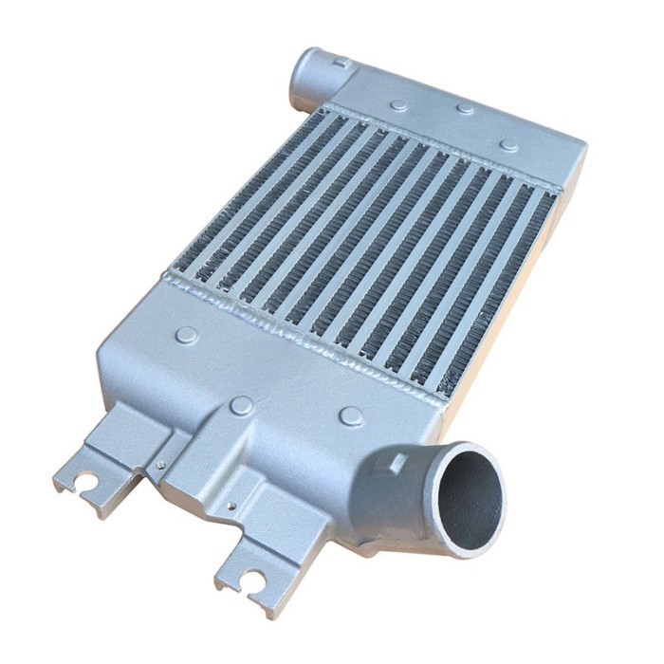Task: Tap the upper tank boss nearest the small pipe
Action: [x=399, y=105]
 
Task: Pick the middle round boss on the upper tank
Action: [x=465, y=109]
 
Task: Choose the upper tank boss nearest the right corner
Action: [x=509, y=145]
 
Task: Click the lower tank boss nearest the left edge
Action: [x=188, y=335]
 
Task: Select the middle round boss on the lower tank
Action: [x=241, y=406]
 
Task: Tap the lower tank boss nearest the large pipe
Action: [x=351, y=415]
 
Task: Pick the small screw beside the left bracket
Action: [x=162, y=464]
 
